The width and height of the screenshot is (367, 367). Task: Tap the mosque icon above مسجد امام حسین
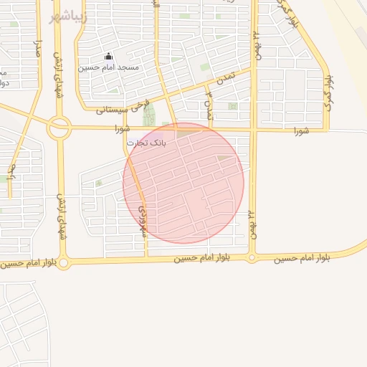(x=108, y=56)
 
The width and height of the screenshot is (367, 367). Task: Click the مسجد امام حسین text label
(x=114, y=67)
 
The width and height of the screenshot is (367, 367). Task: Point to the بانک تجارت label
(x=146, y=143)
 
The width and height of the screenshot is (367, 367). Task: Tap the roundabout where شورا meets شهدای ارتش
(x=59, y=129)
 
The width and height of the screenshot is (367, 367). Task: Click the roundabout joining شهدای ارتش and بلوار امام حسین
(x=64, y=263)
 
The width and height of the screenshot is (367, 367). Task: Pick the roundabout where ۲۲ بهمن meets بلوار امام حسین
(x=252, y=257)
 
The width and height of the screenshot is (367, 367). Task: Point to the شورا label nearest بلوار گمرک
(x=301, y=130)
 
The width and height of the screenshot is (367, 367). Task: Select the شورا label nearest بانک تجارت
(x=123, y=129)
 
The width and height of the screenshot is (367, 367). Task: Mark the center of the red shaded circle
(x=183, y=183)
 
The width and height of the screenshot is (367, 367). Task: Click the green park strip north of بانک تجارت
(x=149, y=114)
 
